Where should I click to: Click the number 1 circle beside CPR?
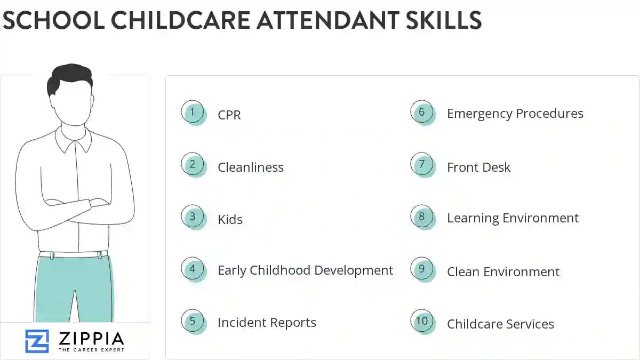(193, 113)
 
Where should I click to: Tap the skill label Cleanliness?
(250, 167)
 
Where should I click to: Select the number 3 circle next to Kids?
(193, 217)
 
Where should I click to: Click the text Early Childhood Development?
(305, 270)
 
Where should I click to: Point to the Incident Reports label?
(267, 323)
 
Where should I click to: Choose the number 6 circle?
(422, 112)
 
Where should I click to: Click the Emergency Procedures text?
(515, 114)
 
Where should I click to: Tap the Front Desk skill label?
(478, 167)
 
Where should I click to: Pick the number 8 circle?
(422, 217)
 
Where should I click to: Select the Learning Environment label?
(513, 218)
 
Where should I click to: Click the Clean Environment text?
(503, 272)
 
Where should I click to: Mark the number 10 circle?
(422, 321)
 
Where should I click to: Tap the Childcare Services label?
(500, 324)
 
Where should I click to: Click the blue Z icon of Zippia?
(37, 341)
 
